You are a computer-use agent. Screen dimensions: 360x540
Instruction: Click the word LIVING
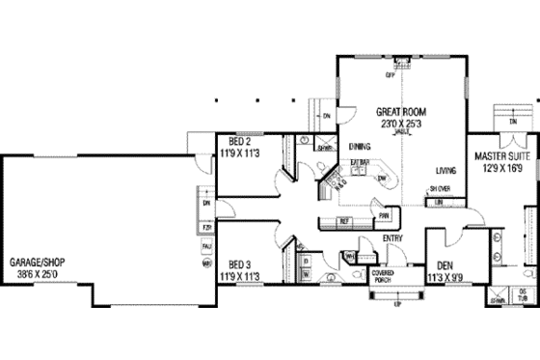[445, 169]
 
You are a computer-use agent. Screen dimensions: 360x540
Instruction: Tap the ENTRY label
[392, 238]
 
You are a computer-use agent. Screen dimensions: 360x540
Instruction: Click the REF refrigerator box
[342, 222]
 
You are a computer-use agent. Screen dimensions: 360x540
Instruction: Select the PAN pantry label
[384, 215]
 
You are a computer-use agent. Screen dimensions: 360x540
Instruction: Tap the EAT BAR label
[359, 161]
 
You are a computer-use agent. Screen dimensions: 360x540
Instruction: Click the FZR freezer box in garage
[205, 228]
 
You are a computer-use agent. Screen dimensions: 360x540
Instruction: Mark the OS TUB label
[524, 295]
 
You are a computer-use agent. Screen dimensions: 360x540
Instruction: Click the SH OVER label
[440, 188]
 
